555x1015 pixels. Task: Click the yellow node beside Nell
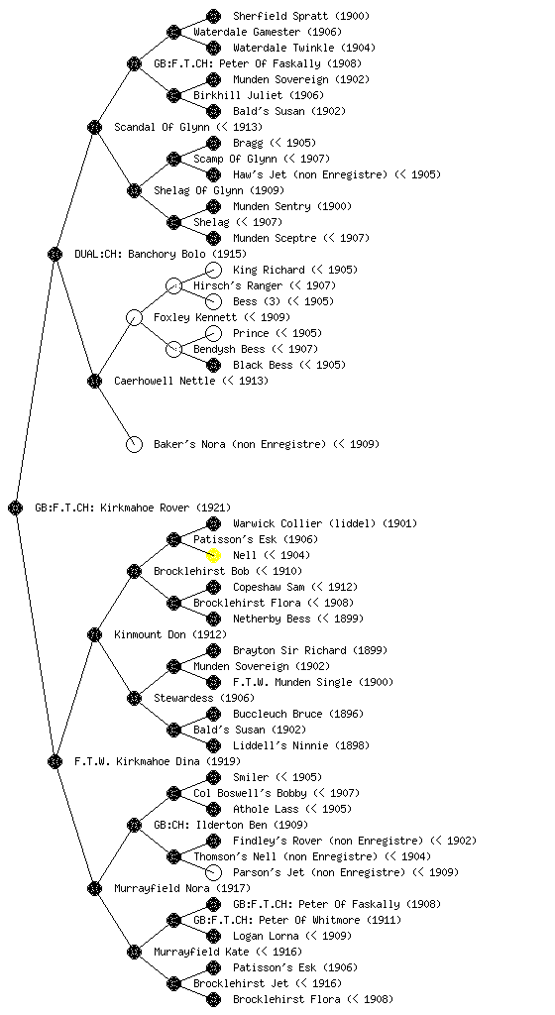[213, 555]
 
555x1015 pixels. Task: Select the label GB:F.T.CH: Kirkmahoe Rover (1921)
[133, 508]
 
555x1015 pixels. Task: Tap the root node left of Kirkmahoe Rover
[16, 508]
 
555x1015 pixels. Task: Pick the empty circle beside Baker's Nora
[134, 445]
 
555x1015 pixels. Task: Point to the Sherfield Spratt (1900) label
[301, 16]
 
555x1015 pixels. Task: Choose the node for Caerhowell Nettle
[94, 382]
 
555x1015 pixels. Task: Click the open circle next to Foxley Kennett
[134, 318]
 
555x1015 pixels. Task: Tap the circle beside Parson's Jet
[213, 872]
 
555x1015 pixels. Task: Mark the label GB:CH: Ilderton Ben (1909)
[231, 826]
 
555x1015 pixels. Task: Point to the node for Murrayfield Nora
[94, 889]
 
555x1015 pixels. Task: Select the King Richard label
[270, 270]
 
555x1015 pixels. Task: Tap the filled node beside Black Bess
[213, 365]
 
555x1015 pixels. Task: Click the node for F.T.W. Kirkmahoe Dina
[55, 762]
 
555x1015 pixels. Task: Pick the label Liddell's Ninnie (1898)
[301, 745]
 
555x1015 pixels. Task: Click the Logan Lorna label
[266, 936]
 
